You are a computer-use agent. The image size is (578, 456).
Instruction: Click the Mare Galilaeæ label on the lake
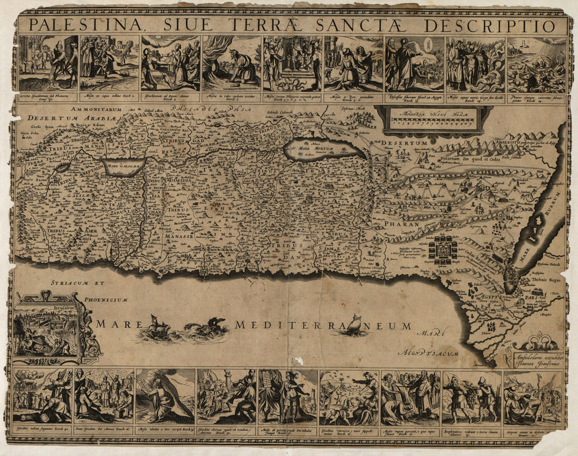(x=124, y=168)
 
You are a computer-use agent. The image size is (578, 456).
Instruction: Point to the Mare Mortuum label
(x=312, y=149)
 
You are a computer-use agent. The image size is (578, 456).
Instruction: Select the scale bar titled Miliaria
(x=432, y=119)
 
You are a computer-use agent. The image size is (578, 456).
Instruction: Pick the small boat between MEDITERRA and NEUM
(x=353, y=324)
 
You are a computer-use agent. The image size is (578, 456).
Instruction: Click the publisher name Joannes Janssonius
(x=536, y=363)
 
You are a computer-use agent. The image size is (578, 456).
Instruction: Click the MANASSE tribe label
(x=180, y=237)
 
